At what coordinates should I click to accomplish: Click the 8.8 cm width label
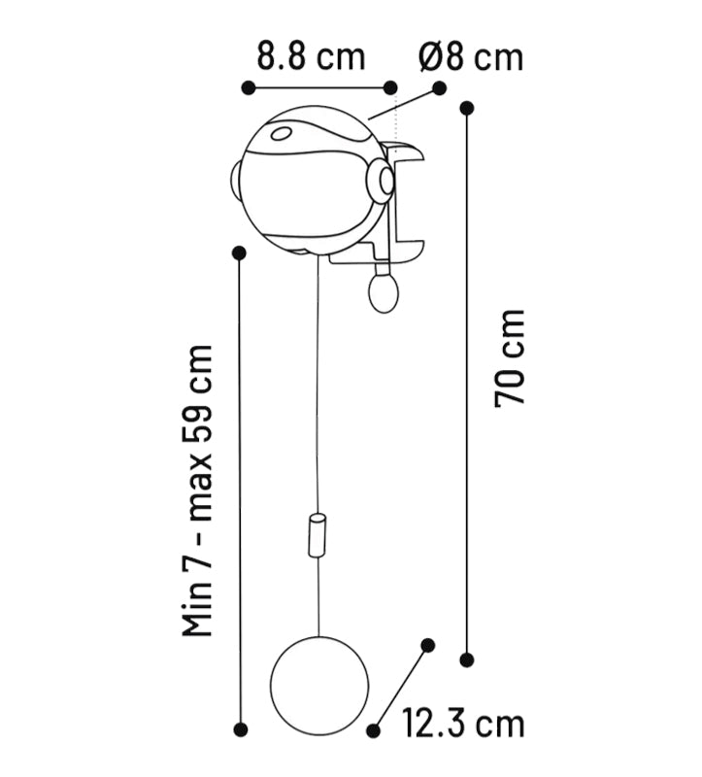[x=311, y=56]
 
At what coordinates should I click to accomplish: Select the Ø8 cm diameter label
[x=471, y=56]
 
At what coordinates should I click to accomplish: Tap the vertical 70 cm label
[x=511, y=357]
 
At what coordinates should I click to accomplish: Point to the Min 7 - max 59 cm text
[x=199, y=490]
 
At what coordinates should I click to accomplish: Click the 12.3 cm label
[x=463, y=724]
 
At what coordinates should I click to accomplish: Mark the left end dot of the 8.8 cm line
[x=249, y=88]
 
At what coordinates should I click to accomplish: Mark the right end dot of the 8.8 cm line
[x=390, y=88]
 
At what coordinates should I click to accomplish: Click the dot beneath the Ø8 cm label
[x=439, y=88]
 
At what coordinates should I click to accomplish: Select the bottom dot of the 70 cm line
[x=467, y=659]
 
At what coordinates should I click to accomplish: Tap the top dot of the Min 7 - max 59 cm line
[x=240, y=253]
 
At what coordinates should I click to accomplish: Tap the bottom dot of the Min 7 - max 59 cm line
[x=241, y=728]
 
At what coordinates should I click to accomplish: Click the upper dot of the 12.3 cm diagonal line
[x=426, y=644]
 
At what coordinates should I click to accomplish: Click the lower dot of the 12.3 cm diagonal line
[x=373, y=729]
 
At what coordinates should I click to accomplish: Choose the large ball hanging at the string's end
[x=319, y=686]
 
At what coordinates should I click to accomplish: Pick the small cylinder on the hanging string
[x=317, y=536]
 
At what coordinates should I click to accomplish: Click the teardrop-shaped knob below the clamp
[x=384, y=291]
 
